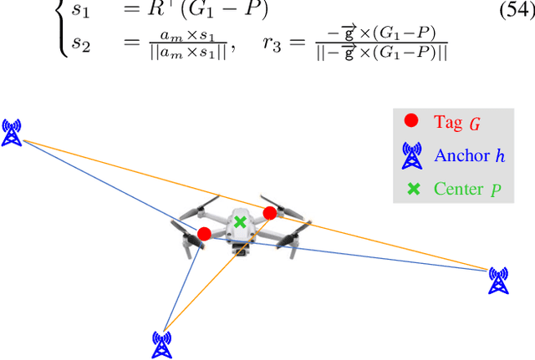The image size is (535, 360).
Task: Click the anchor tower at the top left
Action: pos(11,132)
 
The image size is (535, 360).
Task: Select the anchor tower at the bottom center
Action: pos(162,343)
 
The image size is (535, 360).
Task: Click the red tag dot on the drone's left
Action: pos(204,233)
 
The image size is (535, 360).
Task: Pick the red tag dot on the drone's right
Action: pos(269,213)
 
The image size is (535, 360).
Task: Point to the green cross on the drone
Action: pos(240,222)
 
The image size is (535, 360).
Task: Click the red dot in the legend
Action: pos(411,120)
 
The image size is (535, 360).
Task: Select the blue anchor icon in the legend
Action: pos(411,155)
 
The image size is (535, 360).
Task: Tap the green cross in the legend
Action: pos(412,189)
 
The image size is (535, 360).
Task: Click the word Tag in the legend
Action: pos(447,121)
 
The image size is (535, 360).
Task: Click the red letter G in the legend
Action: pos(475,124)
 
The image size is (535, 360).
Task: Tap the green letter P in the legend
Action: pos(496,190)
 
